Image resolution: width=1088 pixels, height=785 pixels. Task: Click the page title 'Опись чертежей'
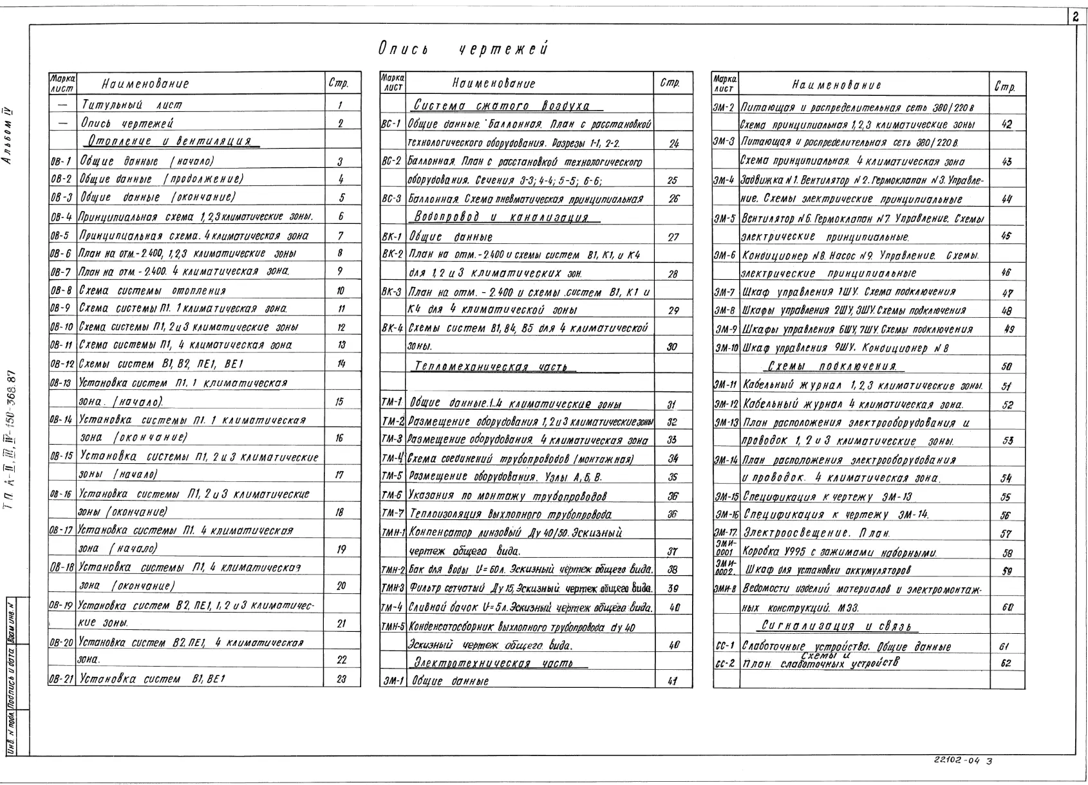(x=463, y=50)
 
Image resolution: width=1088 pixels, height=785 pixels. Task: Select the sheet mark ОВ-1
(x=61, y=161)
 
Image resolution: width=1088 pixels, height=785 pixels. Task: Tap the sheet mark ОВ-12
(x=62, y=364)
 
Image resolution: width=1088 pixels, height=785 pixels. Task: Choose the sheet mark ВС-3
(x=392, y=199)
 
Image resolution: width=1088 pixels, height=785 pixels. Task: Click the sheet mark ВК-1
(x=392, y=237)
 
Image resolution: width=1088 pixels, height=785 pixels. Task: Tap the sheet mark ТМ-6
(x=392, y=496)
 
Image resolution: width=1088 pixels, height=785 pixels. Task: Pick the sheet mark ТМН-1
(x=393, y=533)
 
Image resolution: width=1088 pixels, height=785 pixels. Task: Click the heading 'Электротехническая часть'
(x=493, y=662)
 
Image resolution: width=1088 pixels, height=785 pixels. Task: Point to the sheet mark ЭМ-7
(x=725, y=292)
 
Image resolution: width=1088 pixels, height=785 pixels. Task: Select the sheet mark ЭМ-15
(x=726, y=497)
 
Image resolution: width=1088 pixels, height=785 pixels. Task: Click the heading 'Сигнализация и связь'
(x=839, y=625)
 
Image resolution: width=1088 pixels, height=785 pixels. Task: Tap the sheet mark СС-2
(x=725, y=663)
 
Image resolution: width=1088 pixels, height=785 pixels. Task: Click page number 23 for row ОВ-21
(x=342, y=678)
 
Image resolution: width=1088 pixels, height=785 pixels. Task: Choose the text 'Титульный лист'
(x=131, y=104)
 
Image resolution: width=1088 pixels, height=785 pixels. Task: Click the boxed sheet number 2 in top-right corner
(x=1076, y=18)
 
